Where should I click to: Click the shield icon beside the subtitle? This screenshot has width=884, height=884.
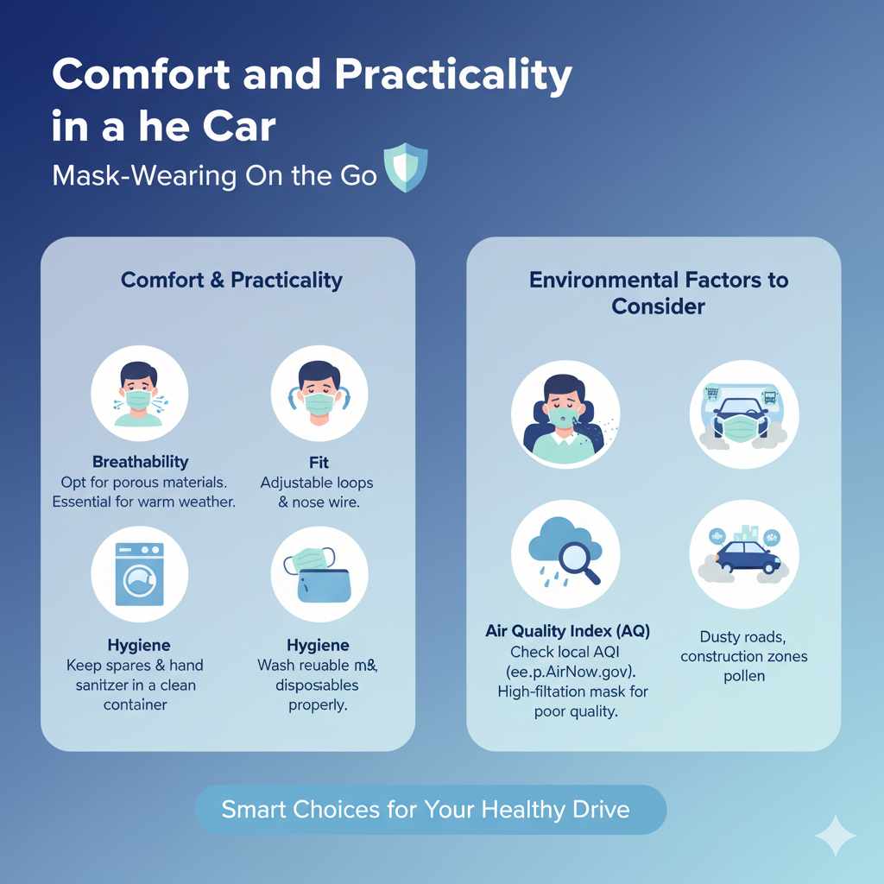point(405,168)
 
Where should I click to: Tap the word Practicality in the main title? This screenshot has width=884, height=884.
point(453,76)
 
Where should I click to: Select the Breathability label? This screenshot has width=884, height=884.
point(140,462)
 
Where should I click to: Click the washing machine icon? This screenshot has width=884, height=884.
point(140,574)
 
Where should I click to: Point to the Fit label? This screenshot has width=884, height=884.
point(319,462)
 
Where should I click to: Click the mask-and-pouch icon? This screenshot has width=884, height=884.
point(319,574)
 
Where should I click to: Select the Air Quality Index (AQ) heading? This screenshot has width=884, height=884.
point(567,631)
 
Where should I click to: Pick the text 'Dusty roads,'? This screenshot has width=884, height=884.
point(742,637)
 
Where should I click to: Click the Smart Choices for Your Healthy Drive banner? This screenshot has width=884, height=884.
point(430,810)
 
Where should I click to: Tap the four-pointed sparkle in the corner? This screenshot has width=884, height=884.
point(835,835)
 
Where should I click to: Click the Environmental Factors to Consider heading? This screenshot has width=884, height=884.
point(658,293)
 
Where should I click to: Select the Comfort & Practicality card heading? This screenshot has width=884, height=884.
point(231,280)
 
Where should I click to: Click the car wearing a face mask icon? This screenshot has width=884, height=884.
point(743,414)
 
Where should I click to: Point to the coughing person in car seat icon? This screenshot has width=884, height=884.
point(565,414)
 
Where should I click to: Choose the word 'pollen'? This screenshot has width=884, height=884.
point(744,675)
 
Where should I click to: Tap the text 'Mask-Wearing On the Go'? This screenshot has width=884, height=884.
point(214,175)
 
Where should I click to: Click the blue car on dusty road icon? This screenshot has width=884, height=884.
point(744,553)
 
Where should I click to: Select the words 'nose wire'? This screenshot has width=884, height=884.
point(327,502)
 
